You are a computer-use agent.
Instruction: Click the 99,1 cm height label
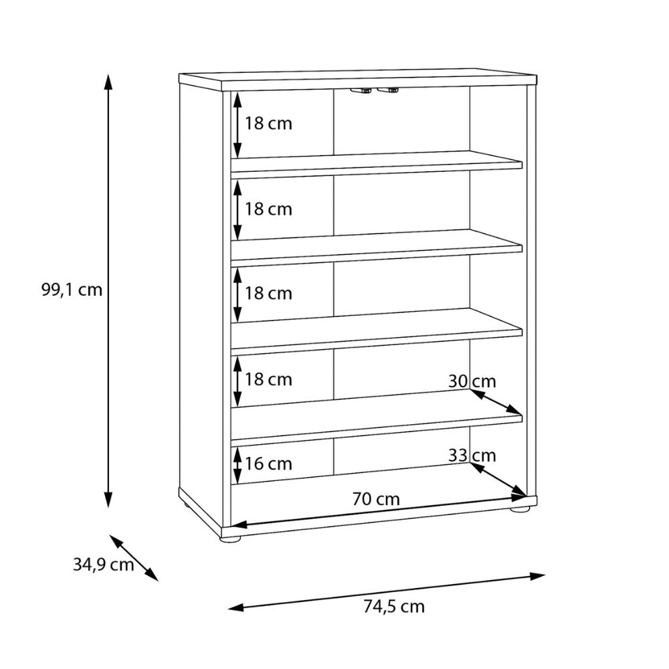pyautogui.click(x=72, y=290)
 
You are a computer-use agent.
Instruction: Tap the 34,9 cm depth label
pyautogui.click(x=103, y=565)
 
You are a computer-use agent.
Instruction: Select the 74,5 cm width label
pyautogui.click(x=394, y=606)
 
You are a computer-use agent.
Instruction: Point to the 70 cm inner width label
pyautogui.click(x=376, y=499)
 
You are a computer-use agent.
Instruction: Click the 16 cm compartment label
pyautogui.click(x=268, y=464)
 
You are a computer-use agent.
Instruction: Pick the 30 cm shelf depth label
pyautogui.click(x=472, y=381)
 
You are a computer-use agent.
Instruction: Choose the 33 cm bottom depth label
pyautogui.click(x=472, y=456)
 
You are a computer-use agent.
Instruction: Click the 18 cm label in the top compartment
pyautogui.click(x=268, y=124)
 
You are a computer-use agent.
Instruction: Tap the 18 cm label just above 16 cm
pyautogui.click(x=268, y=379)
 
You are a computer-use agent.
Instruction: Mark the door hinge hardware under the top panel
pyautogui.click(x=374, y=90)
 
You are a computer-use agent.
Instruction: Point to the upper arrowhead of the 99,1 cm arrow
pyautogui.click(x=108, y=82)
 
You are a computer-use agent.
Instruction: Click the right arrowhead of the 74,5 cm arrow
pyautogui.click(x=538, y=577)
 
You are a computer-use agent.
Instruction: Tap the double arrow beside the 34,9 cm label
pyautogui.click(x=134, y=558)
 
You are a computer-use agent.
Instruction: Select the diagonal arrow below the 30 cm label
pyautogui.click(x=496, y=402)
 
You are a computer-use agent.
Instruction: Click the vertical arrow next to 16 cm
pyautogui.click(x=237, y=465)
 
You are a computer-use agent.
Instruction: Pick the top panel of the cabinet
pyautogui.click(x=357, y=80)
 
